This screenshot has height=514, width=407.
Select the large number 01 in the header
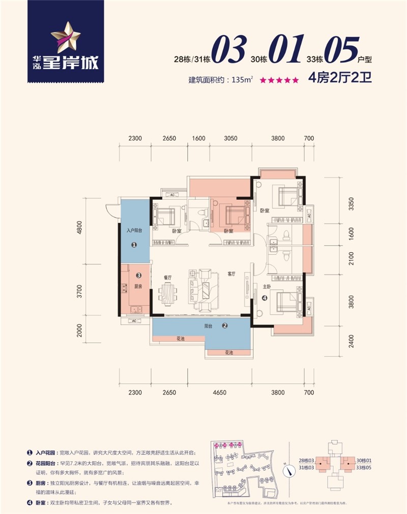[x=285, y=51]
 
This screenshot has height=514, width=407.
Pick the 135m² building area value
[x=243, y=80]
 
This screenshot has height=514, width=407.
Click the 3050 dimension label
[x=230, y=138]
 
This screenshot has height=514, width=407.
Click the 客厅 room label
[x=231, y=274]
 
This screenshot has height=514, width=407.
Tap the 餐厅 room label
[x=169, y=278]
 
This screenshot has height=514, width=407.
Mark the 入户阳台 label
[x=134, y=230]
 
